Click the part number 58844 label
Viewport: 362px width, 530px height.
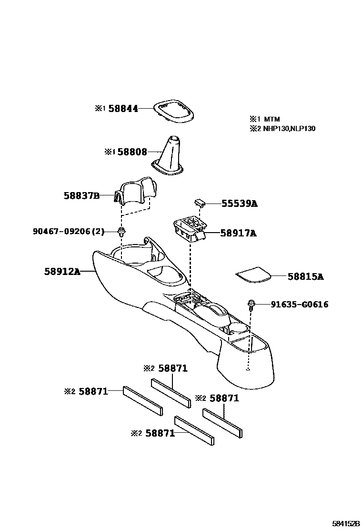123,109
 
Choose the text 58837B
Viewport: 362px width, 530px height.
81,195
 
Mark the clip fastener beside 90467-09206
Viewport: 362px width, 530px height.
121,232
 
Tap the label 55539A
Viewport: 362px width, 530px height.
239,204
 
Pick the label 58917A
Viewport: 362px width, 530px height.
238,233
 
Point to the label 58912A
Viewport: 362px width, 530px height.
62,272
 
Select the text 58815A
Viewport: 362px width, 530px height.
305,276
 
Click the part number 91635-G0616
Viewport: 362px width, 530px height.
299,304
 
